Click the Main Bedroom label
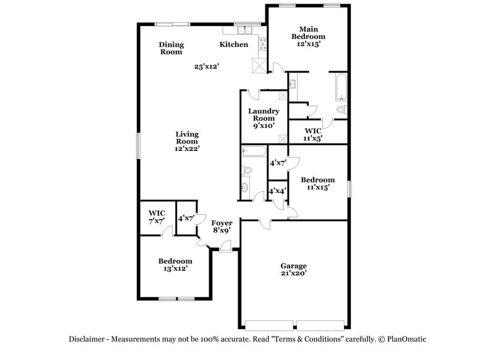tap(308, 33)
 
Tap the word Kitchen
tap(235, 45)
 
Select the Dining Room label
tap(171, 48)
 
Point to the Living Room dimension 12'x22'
tap(186, 148)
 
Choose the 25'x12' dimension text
tap(207, 66)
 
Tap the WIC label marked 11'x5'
tap(313, 132)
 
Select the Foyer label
tap(222, 223)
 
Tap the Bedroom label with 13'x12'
tap(175, 261)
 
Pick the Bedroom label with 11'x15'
tap(317, 179)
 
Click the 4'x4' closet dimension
tap(277, 192)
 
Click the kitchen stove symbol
tap(263, 44)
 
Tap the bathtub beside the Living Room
tap(253, 150)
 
